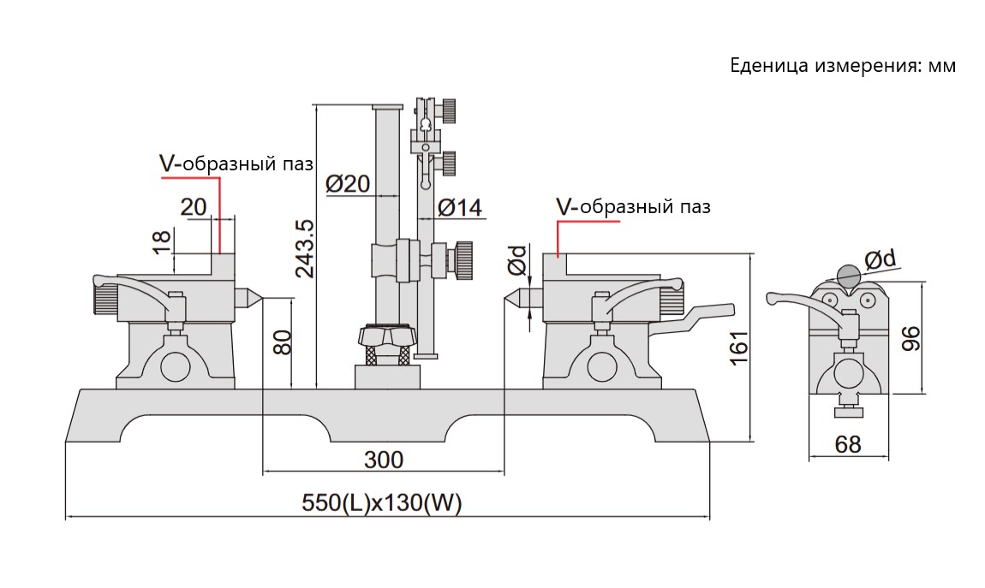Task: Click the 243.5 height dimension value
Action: [303, 248]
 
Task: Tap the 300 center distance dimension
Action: [383, 460]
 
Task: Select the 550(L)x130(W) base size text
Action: [382, 504]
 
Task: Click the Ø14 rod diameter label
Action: [460, 207]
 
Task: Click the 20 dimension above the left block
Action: [194, 205]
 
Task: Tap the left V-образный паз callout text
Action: [236, 163]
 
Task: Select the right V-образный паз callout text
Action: [633, 206]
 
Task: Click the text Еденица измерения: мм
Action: [842, 65]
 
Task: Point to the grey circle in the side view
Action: [846, 276]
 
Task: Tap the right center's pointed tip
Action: [506, 298]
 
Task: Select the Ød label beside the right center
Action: [516, 261]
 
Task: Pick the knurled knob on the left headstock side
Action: [104, 299]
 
